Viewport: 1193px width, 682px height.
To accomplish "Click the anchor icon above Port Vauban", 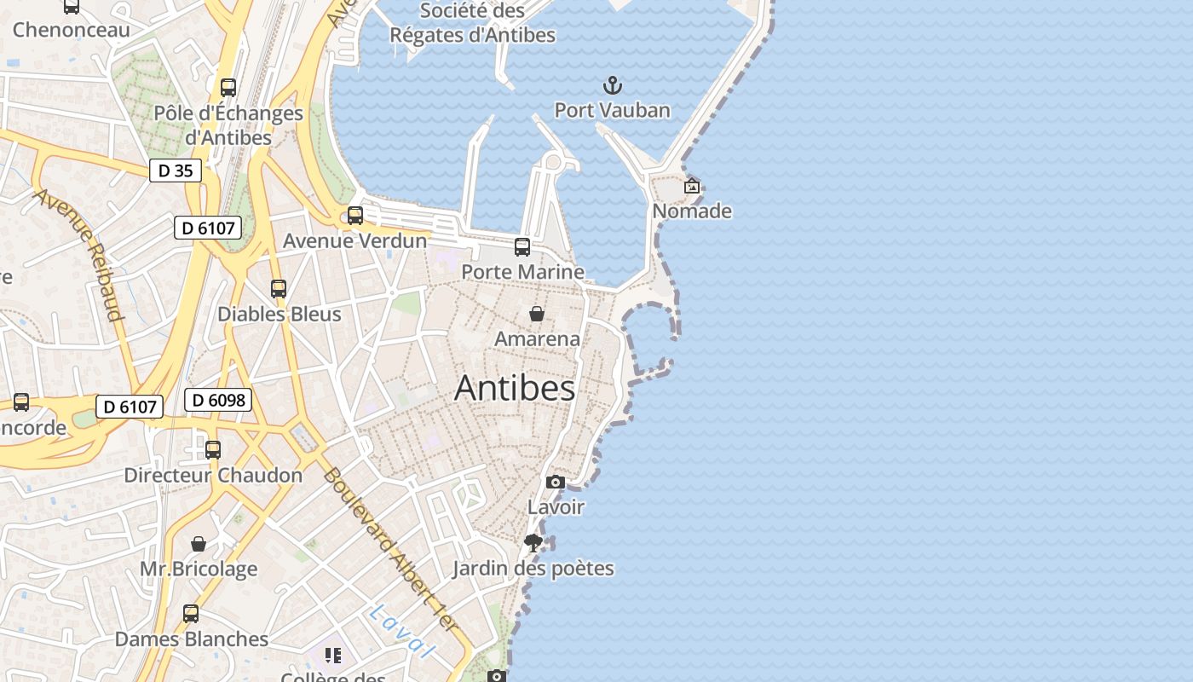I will tap(612, 85).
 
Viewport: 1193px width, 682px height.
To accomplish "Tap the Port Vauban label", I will tap(612, 110).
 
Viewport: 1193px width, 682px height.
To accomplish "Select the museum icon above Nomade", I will tap(692, 186).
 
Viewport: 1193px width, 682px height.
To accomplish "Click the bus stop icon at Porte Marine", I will tap(522, 247).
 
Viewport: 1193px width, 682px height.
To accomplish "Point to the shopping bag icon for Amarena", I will tap(537, 314).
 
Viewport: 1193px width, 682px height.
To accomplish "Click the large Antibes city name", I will tap(515, 388).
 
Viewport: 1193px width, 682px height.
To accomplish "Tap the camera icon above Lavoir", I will tap(556, 483).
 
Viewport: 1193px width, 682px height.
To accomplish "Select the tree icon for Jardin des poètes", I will tap(533, 543).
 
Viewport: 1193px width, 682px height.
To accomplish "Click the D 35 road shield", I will tap(176, 170).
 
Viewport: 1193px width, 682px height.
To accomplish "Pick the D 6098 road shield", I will tap(218, 400).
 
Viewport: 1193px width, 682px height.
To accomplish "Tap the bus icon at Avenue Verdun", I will tap(355, 216).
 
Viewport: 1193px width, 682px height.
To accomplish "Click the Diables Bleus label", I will tap(279, 314).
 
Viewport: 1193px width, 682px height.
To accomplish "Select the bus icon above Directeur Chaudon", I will tap(213, 449).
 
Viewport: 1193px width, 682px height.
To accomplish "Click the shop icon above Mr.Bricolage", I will tap(199, 544).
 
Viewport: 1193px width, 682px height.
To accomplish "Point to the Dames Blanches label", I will tap(191, 639).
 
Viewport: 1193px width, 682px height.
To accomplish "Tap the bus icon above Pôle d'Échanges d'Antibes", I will tap(228, 88).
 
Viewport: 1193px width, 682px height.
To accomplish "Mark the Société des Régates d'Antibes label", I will tap(473, 23).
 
